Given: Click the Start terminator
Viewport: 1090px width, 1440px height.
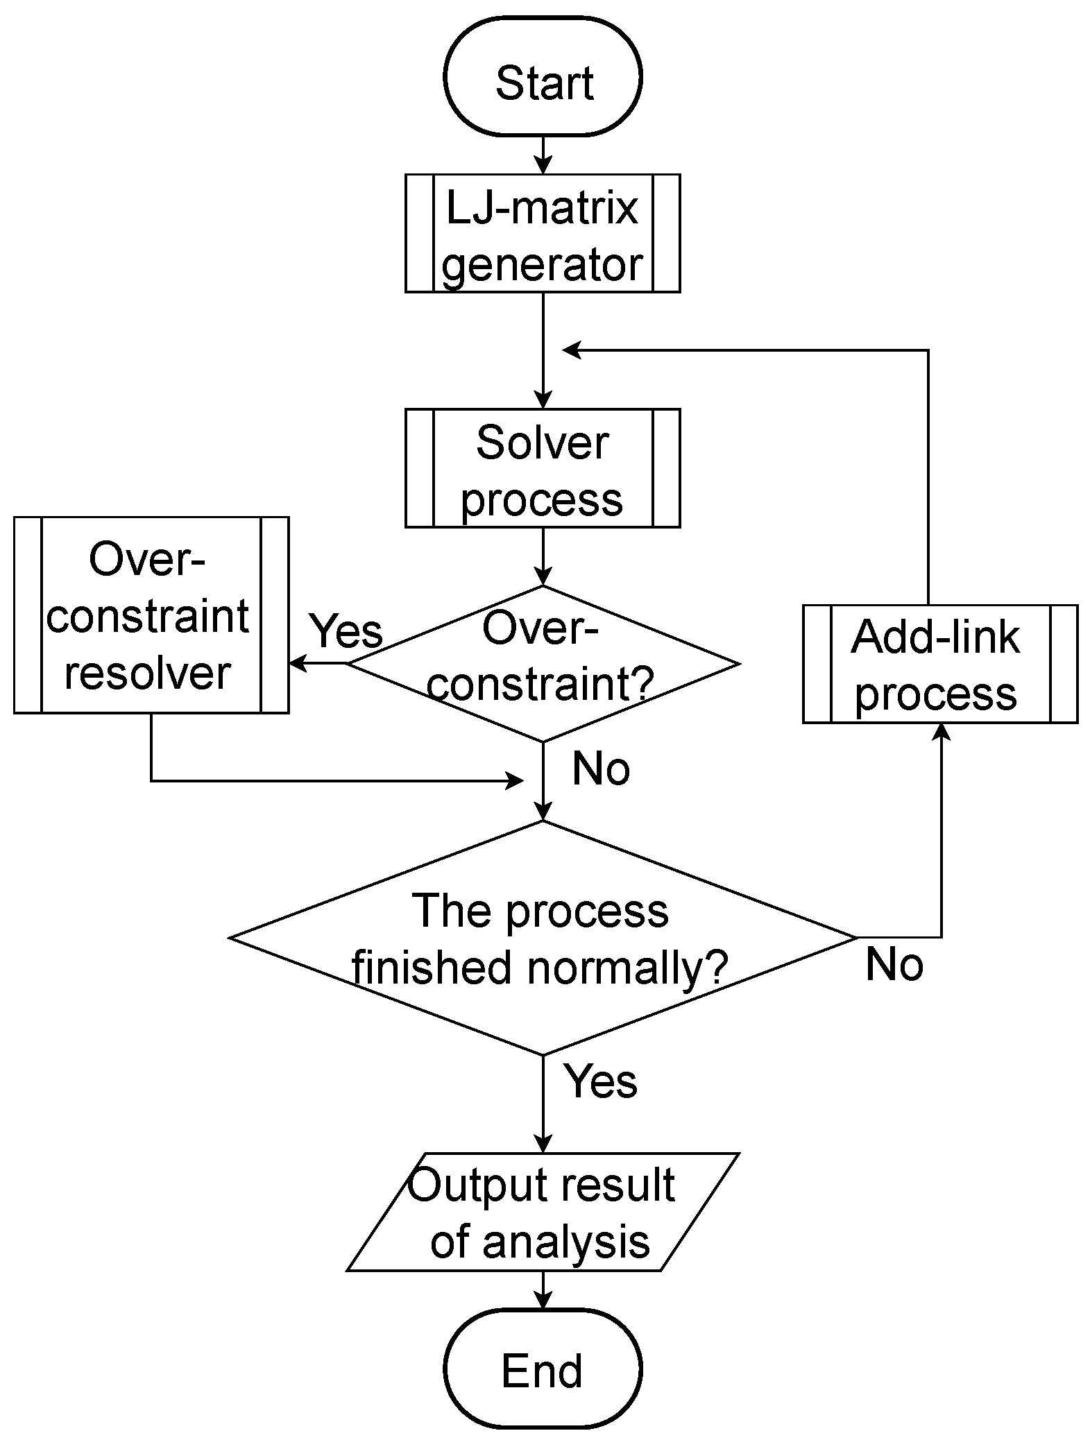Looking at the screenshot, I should pos(543,76).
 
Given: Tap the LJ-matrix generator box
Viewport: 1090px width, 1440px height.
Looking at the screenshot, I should pos(543,233).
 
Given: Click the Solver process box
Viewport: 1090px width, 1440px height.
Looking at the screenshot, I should pos(543,468).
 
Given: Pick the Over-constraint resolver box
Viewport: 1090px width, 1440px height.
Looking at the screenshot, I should pos(151,615).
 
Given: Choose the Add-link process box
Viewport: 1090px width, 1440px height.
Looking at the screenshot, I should pos(940,664).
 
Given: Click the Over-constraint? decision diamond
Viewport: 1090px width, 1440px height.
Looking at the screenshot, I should pos(543,664).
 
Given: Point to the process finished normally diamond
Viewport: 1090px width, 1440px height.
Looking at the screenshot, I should pos(543,938).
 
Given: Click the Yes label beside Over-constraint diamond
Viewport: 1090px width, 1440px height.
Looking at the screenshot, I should pos(346,631).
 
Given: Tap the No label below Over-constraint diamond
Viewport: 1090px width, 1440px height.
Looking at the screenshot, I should pos(601,769).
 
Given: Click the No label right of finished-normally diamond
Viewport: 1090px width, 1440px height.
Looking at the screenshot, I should pos(894,964).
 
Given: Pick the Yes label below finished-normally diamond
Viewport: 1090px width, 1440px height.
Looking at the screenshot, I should pos(600,1081).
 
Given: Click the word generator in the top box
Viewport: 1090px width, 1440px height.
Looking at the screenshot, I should pos(543,264).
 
